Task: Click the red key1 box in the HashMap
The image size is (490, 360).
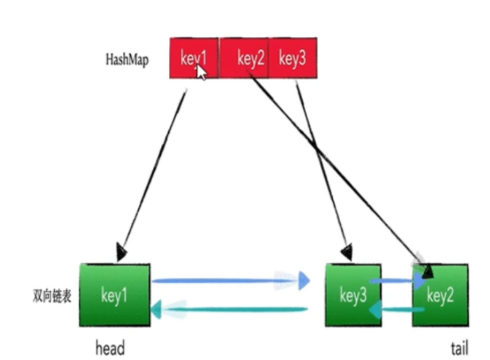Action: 193,58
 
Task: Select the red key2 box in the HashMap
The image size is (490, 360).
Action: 244,58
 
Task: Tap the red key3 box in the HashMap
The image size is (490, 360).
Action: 293,58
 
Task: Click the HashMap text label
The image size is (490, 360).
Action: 126,60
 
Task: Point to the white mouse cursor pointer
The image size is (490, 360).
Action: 201,71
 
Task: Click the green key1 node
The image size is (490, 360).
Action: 115,295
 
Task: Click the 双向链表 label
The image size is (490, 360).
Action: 52,296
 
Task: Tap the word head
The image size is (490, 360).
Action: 110,349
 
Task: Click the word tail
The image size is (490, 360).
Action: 459,349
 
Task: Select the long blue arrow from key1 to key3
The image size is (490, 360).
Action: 227,281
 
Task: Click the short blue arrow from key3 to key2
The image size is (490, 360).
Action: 396,281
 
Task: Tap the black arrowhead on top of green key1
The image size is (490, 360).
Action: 121,252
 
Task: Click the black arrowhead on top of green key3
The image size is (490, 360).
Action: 347,251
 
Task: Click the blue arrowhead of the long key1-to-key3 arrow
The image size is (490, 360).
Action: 303,281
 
